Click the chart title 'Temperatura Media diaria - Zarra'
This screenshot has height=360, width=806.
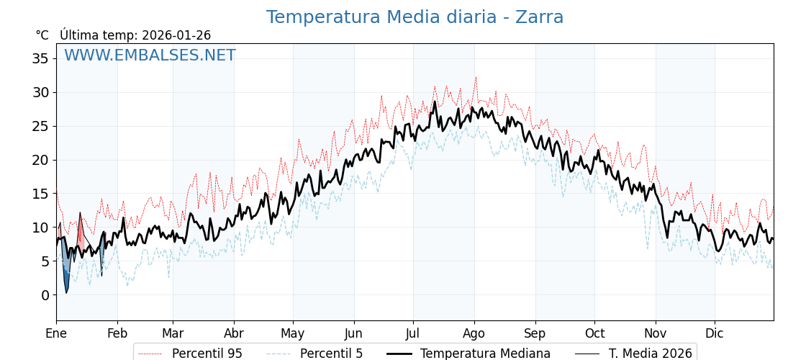tap(415, 17)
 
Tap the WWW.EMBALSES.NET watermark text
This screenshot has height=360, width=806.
tap(150, 55)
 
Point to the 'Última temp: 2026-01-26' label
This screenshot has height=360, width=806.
tap(135, 35)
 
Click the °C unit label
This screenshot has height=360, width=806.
tap(42, 35)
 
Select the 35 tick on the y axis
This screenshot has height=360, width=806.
tap(40, 58)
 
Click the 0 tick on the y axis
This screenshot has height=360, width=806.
tap(45, 295)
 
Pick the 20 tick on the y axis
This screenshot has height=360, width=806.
tap(40, 160)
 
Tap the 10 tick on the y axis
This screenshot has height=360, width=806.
tap(40, 228)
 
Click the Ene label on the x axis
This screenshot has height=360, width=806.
tap(56, 333)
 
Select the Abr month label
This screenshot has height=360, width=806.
tap(234, 333)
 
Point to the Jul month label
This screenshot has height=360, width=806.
tap(413, 333)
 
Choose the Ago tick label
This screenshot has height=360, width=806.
tap(474, 333)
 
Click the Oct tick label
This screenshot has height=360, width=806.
tap(594, 333)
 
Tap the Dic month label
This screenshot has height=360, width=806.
tap(715, 333)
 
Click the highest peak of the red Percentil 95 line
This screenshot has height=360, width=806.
tap(476, 78)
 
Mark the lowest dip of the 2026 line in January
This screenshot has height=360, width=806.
tap(66, 292)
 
